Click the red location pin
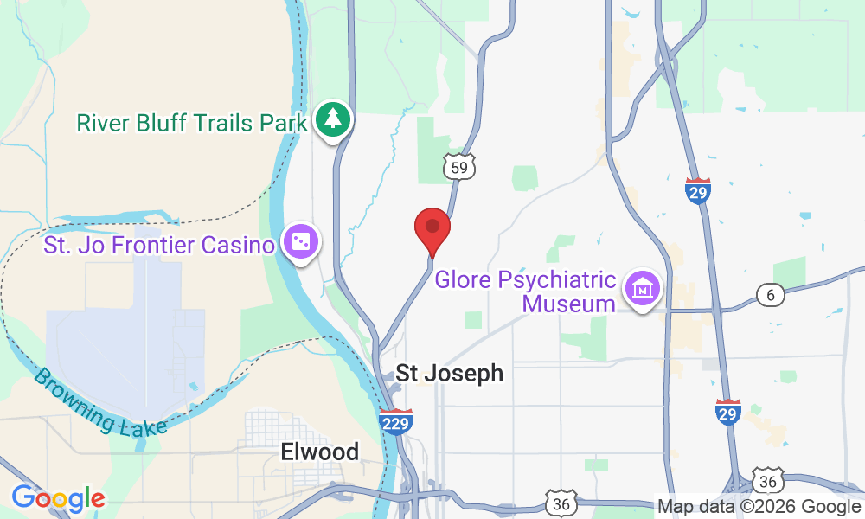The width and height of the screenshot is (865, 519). [432, 229]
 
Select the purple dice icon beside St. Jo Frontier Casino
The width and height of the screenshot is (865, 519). [299, 244]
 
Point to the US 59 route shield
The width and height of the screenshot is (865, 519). [460, 166]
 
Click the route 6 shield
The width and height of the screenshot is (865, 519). [770, 295]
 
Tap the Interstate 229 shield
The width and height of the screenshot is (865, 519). [395, 420]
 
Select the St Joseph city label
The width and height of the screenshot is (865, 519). [449, 373]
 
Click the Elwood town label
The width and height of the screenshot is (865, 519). [319, 452]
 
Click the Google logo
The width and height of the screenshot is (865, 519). [58, 499]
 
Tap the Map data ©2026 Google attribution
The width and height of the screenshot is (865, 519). [759, 507]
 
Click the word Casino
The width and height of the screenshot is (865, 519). [238, 245]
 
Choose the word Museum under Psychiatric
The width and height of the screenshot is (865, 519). [568, 304]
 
